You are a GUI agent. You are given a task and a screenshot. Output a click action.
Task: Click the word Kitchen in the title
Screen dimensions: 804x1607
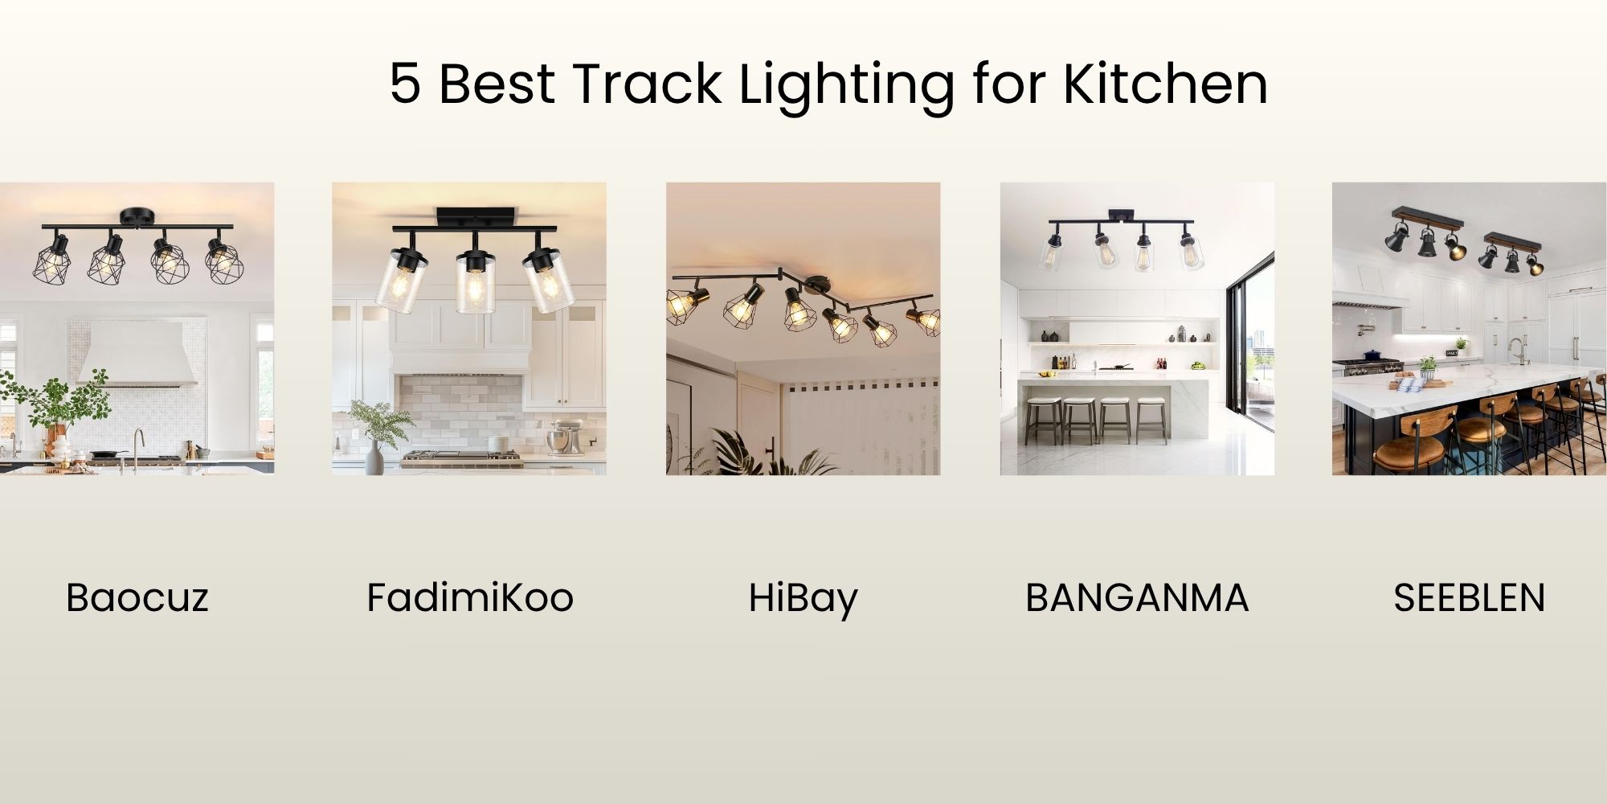tap(1165, 83)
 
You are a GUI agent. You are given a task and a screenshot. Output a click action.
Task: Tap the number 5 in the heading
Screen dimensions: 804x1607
tap(405, 84)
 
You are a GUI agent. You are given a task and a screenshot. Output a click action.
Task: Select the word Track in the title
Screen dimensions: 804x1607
tap(647, 83)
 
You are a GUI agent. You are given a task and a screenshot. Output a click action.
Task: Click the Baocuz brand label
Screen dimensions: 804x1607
tap(137, 597)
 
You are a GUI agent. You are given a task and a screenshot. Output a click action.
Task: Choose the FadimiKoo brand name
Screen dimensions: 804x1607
tap(469, 597)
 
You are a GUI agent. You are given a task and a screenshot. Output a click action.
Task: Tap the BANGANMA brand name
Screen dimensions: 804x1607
tap(1136, 597)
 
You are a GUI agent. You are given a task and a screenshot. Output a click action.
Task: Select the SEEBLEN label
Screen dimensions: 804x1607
tap(1469, 597)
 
